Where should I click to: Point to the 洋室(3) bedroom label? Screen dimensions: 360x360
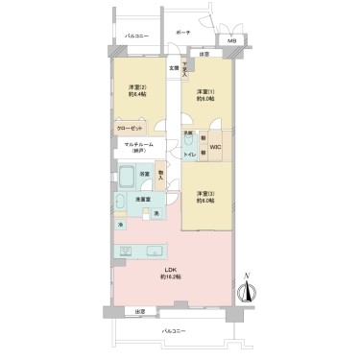204,196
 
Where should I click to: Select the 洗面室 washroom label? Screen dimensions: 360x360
140,199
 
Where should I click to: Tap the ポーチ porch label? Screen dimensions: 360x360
183,33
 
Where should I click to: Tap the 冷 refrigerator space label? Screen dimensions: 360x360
121,225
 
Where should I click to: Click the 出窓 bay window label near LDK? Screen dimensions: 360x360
139,309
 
